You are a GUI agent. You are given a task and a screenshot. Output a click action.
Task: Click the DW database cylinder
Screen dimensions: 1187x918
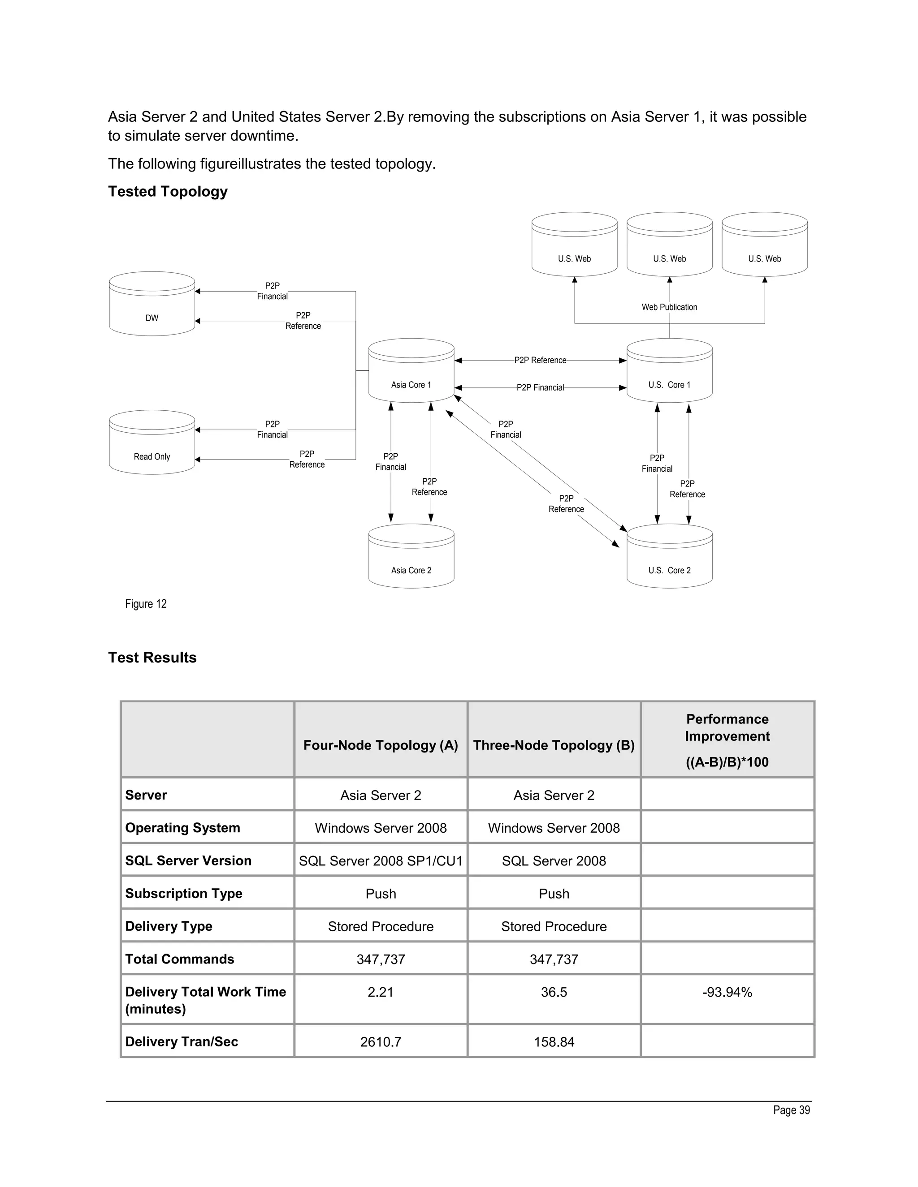click(152, 304)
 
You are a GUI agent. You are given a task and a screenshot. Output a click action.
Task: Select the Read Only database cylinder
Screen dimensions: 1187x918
click(152, 443)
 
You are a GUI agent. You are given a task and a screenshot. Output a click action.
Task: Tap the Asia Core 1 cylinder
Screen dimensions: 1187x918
click(411, 371)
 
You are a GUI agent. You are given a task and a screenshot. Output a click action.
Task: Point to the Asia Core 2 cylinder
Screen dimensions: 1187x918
click(411, 556)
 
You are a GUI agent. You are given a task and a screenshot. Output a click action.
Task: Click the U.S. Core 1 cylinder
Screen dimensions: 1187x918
click(670, 371)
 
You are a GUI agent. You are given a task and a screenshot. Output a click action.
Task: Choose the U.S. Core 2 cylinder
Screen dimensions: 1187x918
click(670, 556)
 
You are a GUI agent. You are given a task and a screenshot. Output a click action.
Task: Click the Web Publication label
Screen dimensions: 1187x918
click(670, 307)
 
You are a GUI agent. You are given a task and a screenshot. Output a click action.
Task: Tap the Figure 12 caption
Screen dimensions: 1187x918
click(146, 604)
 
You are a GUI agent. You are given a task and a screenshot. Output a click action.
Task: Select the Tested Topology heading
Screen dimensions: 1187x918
click(168, 191)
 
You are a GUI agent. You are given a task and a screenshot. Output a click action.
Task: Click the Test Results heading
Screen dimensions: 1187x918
click(152, 658)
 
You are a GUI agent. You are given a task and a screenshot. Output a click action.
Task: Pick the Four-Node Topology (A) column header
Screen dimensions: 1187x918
click(381, 745)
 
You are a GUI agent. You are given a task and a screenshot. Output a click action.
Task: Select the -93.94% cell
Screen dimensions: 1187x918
click(727, 993)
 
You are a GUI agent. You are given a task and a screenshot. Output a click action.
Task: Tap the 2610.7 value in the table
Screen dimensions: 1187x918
click(381, 1042)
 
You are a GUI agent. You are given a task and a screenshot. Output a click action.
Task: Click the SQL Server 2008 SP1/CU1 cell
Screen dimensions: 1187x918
click(381, 861)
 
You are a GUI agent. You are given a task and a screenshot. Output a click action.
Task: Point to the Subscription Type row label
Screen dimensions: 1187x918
click(184, 894)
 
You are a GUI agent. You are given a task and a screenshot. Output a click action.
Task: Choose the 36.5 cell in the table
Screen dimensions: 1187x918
click(554, 993)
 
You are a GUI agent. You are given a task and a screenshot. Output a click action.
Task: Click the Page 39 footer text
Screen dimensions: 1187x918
click(791, 1110)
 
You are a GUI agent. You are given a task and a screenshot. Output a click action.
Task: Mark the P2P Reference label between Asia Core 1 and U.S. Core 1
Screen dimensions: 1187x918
click(540, 360)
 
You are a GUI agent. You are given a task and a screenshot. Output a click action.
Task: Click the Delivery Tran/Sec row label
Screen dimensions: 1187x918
click(182, 1042)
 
